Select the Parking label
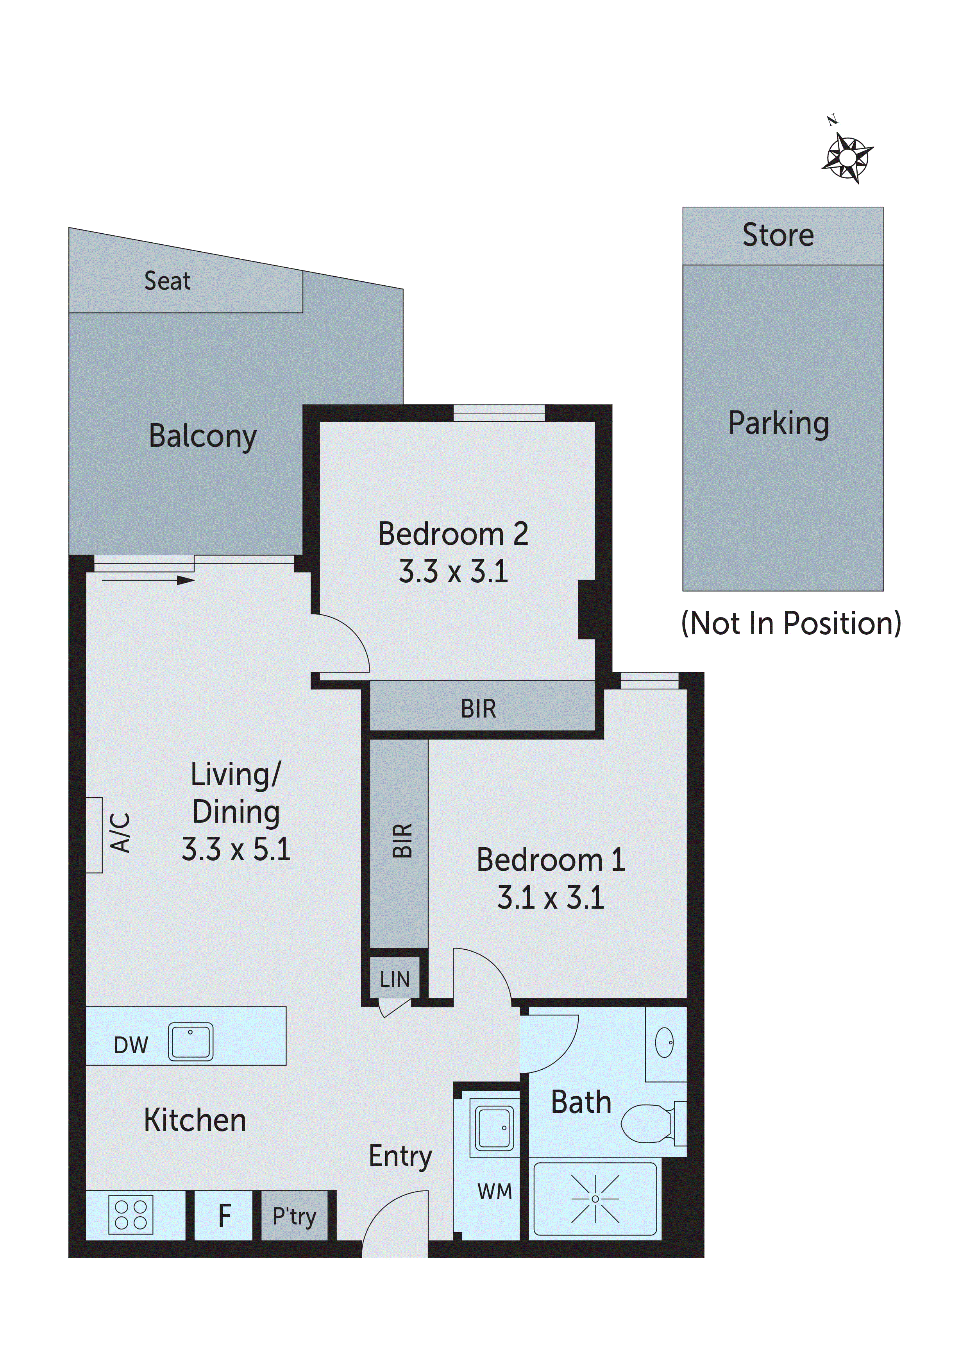coord(779,424)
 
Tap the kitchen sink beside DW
coord(190,1042)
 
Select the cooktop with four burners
coord(131,1215)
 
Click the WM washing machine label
coord(495,1192)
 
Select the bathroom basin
coord(665,1043)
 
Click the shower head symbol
coord(595,1198)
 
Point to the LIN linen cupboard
coord(395,979)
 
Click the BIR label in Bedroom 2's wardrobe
coord(478,709)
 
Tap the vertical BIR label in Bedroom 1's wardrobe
coord(402,841)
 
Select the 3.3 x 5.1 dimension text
coord(236,849)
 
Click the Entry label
coord(400,1156)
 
